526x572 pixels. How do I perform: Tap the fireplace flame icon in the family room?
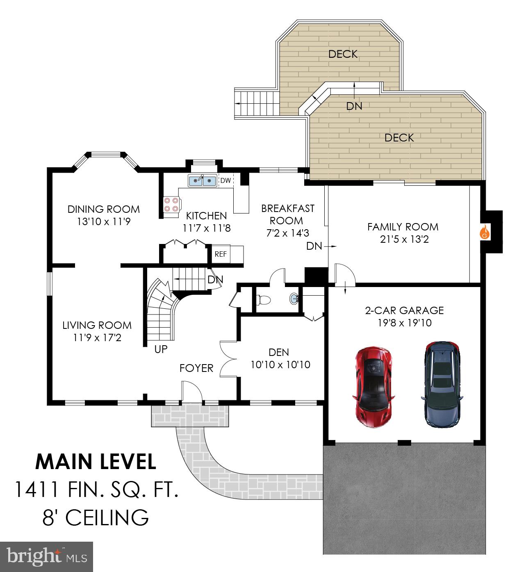coord(485,232)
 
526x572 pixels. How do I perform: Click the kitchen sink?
coord(202,180)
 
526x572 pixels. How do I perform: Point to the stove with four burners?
coord(171,205)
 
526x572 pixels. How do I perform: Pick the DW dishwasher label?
coord(225,180)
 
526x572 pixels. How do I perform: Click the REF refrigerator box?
coord(221,254)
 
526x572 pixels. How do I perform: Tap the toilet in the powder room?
coord(263,300)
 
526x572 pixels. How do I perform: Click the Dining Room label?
coord(103,209)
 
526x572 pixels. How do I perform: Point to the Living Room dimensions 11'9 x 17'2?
coord(97,338)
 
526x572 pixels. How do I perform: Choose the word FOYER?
coord(196,368)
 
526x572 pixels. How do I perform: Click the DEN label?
coord(279,352)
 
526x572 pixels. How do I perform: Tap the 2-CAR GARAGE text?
coord(404,310)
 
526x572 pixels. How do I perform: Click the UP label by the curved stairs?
coord(161,349)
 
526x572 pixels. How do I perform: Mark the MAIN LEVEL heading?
coord(96,462)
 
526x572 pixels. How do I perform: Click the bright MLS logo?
coord(47,556)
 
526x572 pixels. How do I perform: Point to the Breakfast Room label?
coord(288,214)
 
